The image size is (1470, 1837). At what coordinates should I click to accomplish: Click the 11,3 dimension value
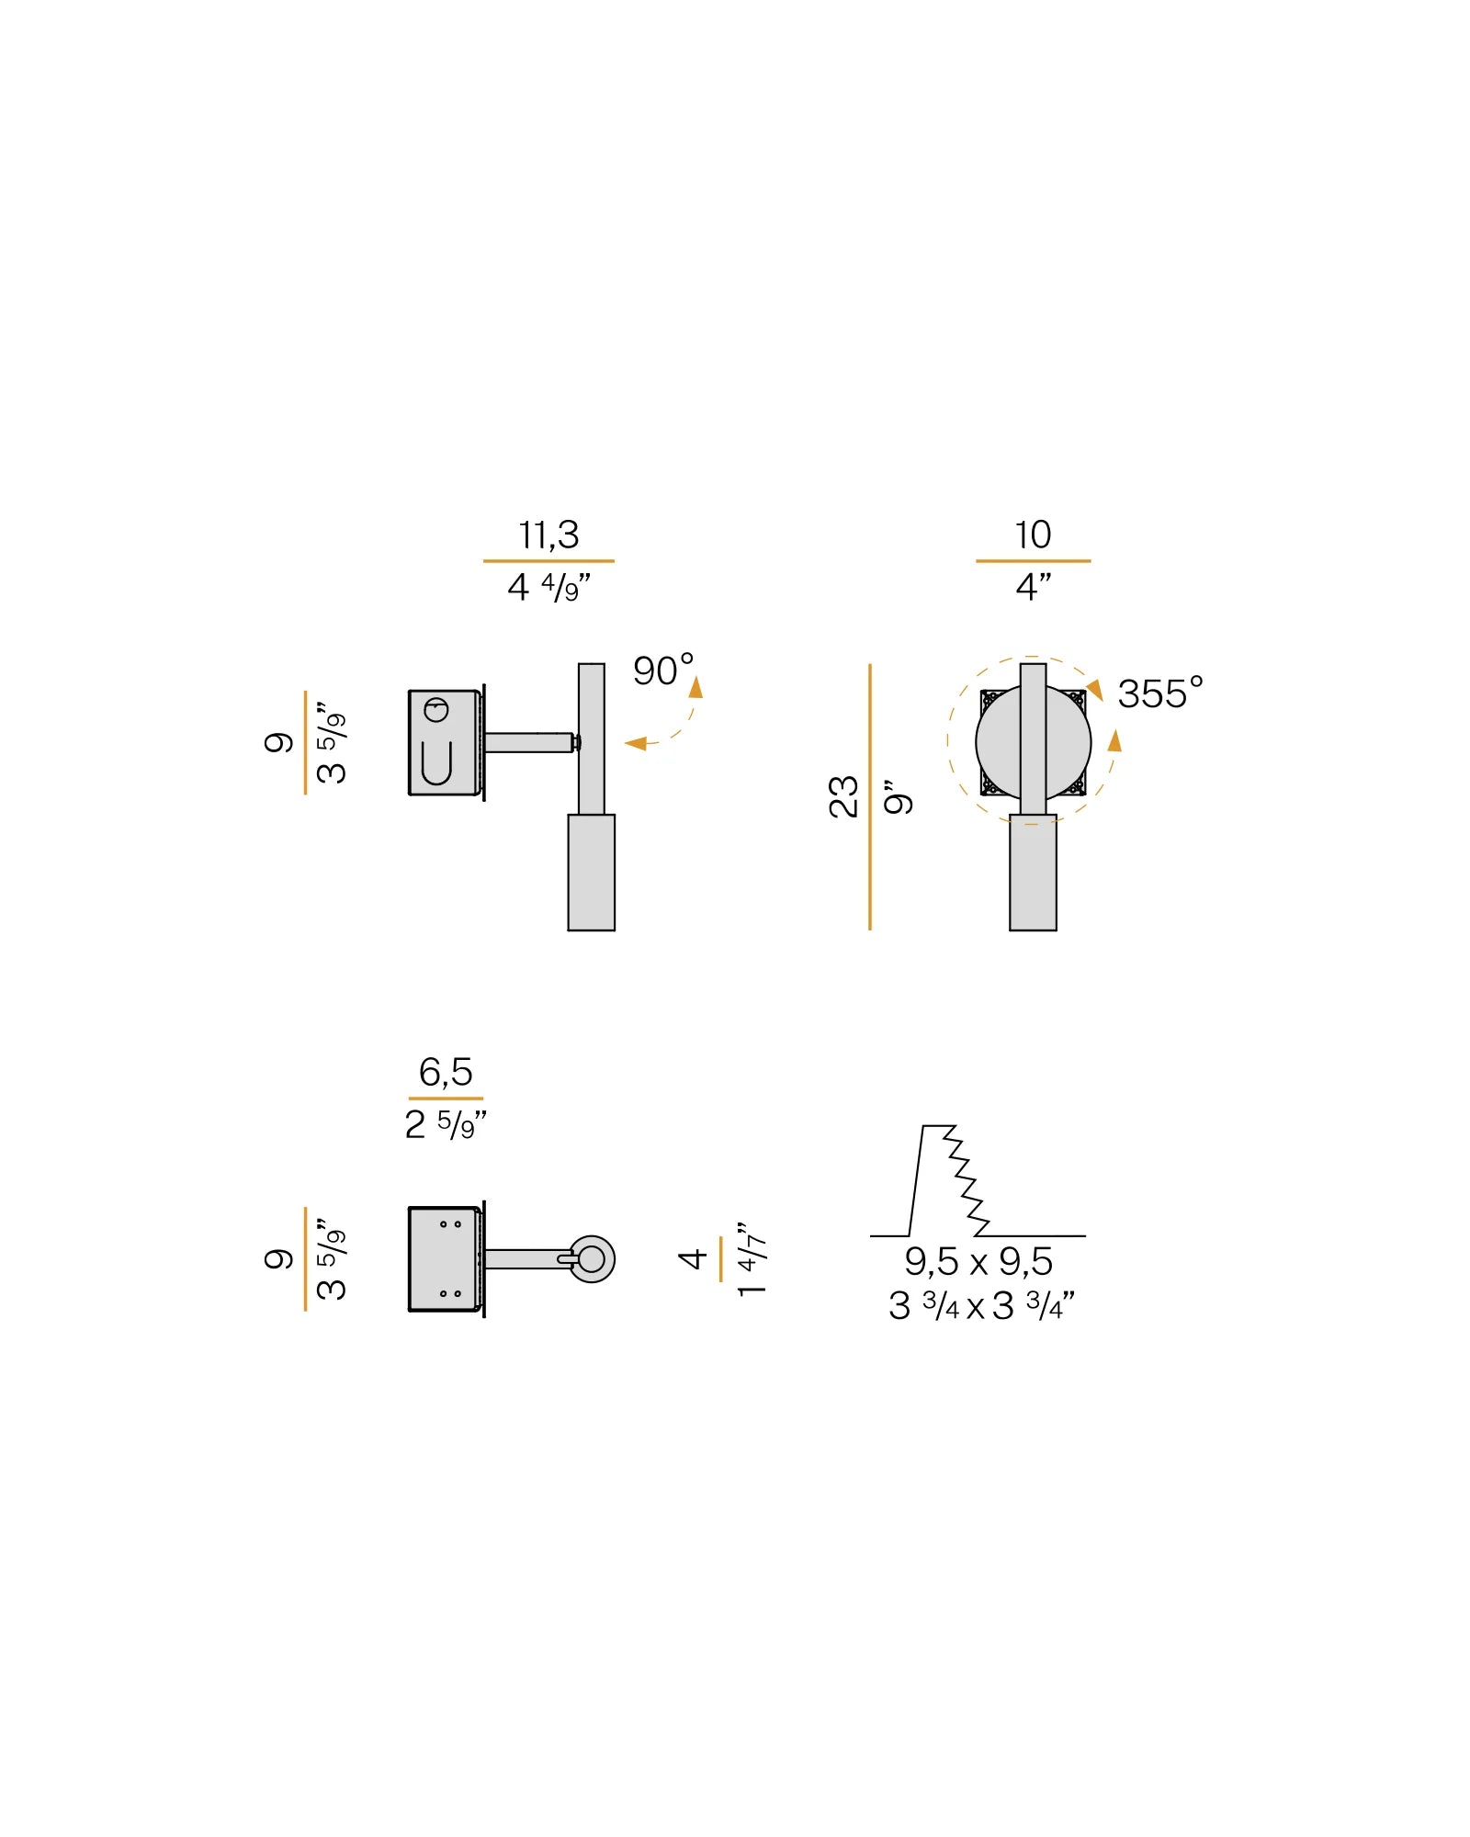[548, 535]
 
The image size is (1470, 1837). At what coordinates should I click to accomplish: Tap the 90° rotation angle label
[663, 670]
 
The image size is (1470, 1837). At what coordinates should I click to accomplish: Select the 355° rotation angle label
[1160, 693]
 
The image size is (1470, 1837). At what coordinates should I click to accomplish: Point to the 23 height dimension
[843, 796]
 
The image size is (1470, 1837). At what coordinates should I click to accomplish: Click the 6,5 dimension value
[446, 1072]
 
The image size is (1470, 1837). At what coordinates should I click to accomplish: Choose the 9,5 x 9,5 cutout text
[978, 1262]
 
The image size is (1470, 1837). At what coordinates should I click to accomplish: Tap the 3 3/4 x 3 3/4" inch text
[981, 1305]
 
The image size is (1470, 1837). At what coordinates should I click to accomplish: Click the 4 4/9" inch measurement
[548, 587]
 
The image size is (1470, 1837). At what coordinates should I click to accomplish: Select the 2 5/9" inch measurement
[446, 1124]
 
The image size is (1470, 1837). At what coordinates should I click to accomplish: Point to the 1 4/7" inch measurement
[752, 1259]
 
